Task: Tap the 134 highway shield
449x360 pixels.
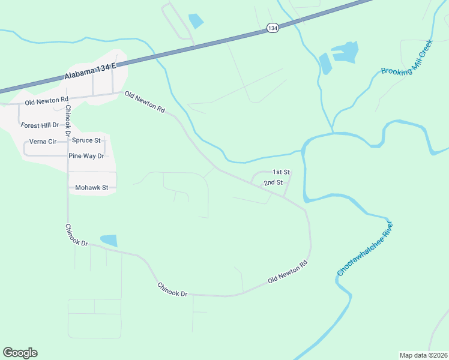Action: pyautogui.click(x=273, y=28)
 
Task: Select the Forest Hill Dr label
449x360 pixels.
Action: pyautogui.click(x=40, y=125)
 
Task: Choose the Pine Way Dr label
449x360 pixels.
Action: pyautogui.click(x=86, y=156)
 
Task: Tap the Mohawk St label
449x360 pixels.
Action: pyautogui.click(x=91, y=188)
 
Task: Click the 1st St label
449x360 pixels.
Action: pyautogui.click(x=282, y=172)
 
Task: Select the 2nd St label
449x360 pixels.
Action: pyautogui.click(x=273, y=182)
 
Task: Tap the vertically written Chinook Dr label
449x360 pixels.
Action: pyautogui.click(x=68, y=120)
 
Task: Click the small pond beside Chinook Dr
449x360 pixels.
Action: pyautogui.click(x=109, y=241)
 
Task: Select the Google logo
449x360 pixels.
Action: pyautogui.click(x=20, y=353)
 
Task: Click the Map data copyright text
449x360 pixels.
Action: pyautogui.click(x=423, y=355)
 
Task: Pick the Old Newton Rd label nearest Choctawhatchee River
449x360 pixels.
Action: pyautogui.click(x=288, y=271)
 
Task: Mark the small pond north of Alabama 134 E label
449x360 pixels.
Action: pyautogui.click(x=196, y=22)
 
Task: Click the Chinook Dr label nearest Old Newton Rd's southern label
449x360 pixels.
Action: pyautogui.click(x=172, y=289)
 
